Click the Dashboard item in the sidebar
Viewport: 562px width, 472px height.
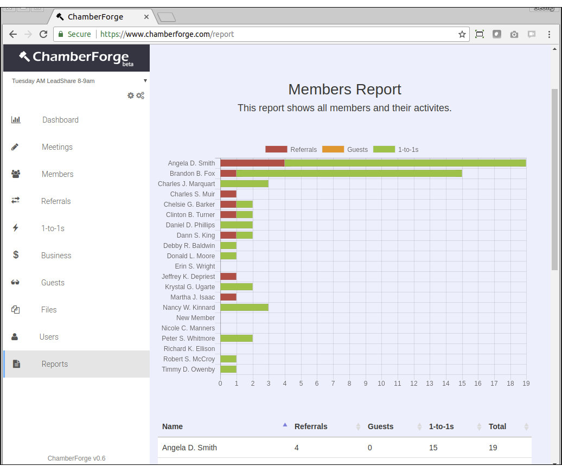60,120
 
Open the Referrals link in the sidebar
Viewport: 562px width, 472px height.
56,201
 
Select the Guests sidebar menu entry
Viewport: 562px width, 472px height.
53,283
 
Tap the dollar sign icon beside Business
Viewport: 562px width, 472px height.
16,255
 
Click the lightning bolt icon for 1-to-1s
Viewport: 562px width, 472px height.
15,228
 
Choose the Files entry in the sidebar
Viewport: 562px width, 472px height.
49,310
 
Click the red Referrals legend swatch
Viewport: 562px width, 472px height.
276,149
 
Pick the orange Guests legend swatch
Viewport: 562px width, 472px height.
333,149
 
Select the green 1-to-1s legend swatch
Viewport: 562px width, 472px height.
384,149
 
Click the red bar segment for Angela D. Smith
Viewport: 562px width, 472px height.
252,163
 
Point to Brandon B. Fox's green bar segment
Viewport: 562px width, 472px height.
349,174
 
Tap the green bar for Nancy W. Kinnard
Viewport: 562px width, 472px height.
244,308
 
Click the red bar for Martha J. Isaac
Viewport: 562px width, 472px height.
228,297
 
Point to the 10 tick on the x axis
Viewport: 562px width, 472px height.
381,384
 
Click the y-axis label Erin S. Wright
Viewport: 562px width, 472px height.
195,266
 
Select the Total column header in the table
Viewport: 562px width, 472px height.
497,426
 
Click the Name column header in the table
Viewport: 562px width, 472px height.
173,426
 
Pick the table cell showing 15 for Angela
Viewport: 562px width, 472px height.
433,448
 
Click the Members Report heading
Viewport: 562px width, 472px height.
344,90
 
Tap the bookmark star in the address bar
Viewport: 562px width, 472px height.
462,34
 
